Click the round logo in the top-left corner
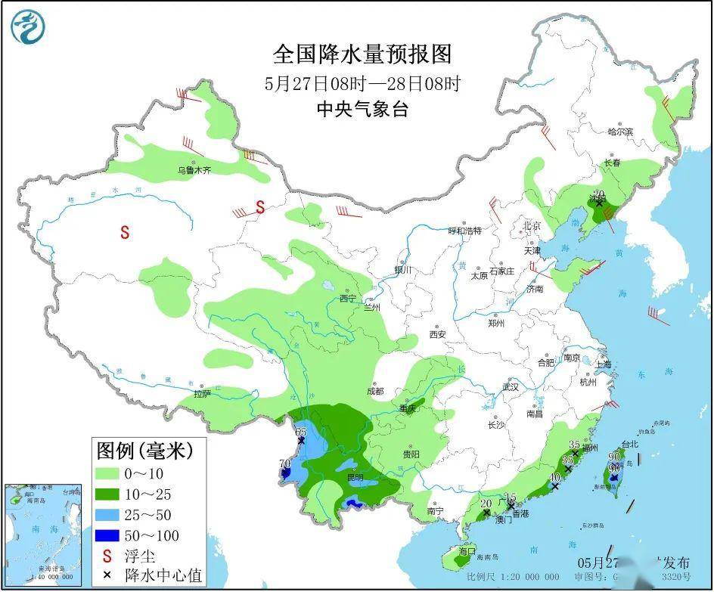point(28,27)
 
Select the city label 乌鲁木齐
point(194,171)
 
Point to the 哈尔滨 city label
point(620,132)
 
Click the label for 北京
point(532,226)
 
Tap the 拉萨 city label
point(202,393)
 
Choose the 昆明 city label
point(355,477)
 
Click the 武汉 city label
point(511,387)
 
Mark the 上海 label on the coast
point(603,364)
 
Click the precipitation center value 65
point(300,431)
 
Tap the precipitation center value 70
point(284,463)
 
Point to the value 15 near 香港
point(510,497)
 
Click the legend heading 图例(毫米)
point(144,451)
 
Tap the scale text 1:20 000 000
point(530,577)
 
